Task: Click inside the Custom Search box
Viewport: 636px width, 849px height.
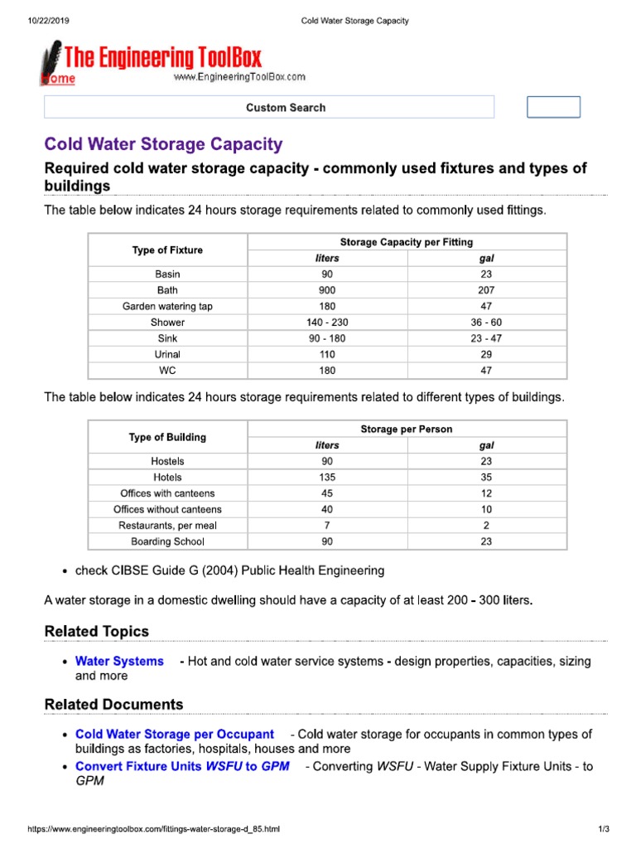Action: (269, 108)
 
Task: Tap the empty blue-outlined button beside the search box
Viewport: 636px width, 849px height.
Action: (554, 108)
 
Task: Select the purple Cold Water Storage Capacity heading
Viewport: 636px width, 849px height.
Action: (163, 144)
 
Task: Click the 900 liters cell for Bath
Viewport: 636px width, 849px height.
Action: (327, 290)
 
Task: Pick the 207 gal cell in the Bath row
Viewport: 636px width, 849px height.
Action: (487, 290)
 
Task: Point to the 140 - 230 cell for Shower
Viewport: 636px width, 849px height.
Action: (327, 323)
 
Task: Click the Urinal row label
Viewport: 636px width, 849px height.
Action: (167, 354)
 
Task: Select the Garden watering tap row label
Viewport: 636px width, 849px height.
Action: (167, 306)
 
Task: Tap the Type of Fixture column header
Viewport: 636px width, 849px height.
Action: (167, 250)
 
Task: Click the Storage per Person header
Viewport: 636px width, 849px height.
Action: (407, 429)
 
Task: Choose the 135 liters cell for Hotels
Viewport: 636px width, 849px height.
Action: (327, 478)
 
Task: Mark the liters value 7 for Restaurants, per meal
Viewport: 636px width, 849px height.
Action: (327, 526)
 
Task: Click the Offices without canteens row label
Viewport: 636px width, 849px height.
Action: (167, 509)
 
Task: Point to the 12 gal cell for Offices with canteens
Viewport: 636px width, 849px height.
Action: (487, 493)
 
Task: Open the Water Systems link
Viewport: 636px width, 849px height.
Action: (119, 661)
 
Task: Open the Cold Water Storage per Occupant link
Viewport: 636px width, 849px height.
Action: (174, 734)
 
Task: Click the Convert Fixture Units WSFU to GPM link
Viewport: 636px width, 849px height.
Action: (182, 766)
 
